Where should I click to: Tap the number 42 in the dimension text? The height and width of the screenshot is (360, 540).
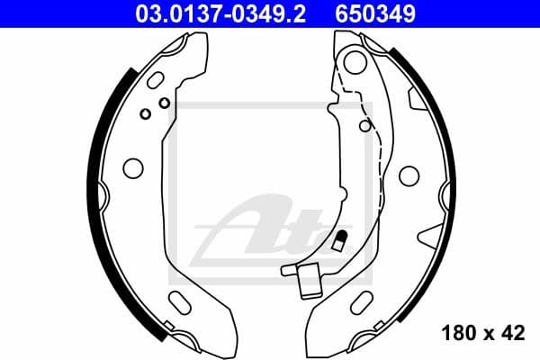coord(510,334)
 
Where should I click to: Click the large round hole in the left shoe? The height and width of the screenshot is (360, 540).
coord(132,168)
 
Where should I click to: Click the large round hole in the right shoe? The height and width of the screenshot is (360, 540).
coord(409,173)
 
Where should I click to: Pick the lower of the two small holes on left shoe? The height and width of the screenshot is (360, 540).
coord(145,114)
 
